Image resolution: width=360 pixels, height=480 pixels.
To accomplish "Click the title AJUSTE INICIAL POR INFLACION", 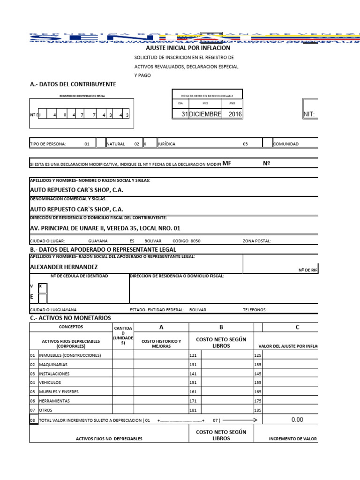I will (x=188, y=48).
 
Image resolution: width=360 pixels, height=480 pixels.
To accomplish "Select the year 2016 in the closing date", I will (x=235, y=114).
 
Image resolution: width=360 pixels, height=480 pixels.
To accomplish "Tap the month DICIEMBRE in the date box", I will (x=205, y=114).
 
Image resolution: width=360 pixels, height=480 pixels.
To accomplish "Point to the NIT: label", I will (x=310, y=114).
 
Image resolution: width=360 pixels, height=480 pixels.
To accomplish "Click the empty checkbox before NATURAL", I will (x=101, y=143).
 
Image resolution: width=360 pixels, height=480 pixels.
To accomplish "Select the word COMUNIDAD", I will (x=285, y=144).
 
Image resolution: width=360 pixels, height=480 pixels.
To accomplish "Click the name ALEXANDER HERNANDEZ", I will (x=64, y=267).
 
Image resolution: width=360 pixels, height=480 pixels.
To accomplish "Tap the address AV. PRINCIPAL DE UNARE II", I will (x=105, y=228).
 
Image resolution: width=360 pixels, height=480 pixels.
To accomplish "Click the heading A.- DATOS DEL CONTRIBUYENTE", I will (x=73, y=84).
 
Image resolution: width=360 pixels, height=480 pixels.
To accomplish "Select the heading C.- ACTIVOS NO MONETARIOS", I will (x=70, y=318).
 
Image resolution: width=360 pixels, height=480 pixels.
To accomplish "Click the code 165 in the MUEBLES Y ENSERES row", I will (x=257, y=392).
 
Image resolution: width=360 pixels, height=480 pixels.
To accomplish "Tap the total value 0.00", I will (x=297, y=420).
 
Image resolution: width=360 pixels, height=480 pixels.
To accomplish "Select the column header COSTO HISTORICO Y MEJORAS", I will (x=161, y=344).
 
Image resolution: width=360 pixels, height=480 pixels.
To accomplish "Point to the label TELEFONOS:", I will (x=255, y=310).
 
